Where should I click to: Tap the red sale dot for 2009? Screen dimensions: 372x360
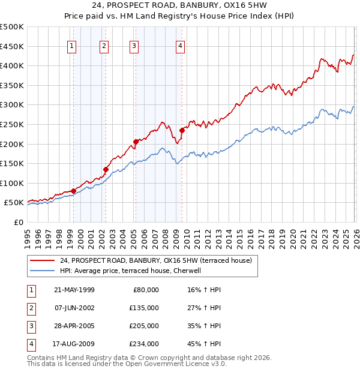[182, 130]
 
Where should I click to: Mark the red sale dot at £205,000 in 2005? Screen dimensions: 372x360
[136, 142]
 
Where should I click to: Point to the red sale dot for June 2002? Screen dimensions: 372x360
[106, 169]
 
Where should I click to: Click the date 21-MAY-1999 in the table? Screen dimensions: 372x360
[74, 290]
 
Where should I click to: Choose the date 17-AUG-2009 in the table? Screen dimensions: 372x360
[74, 344]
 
